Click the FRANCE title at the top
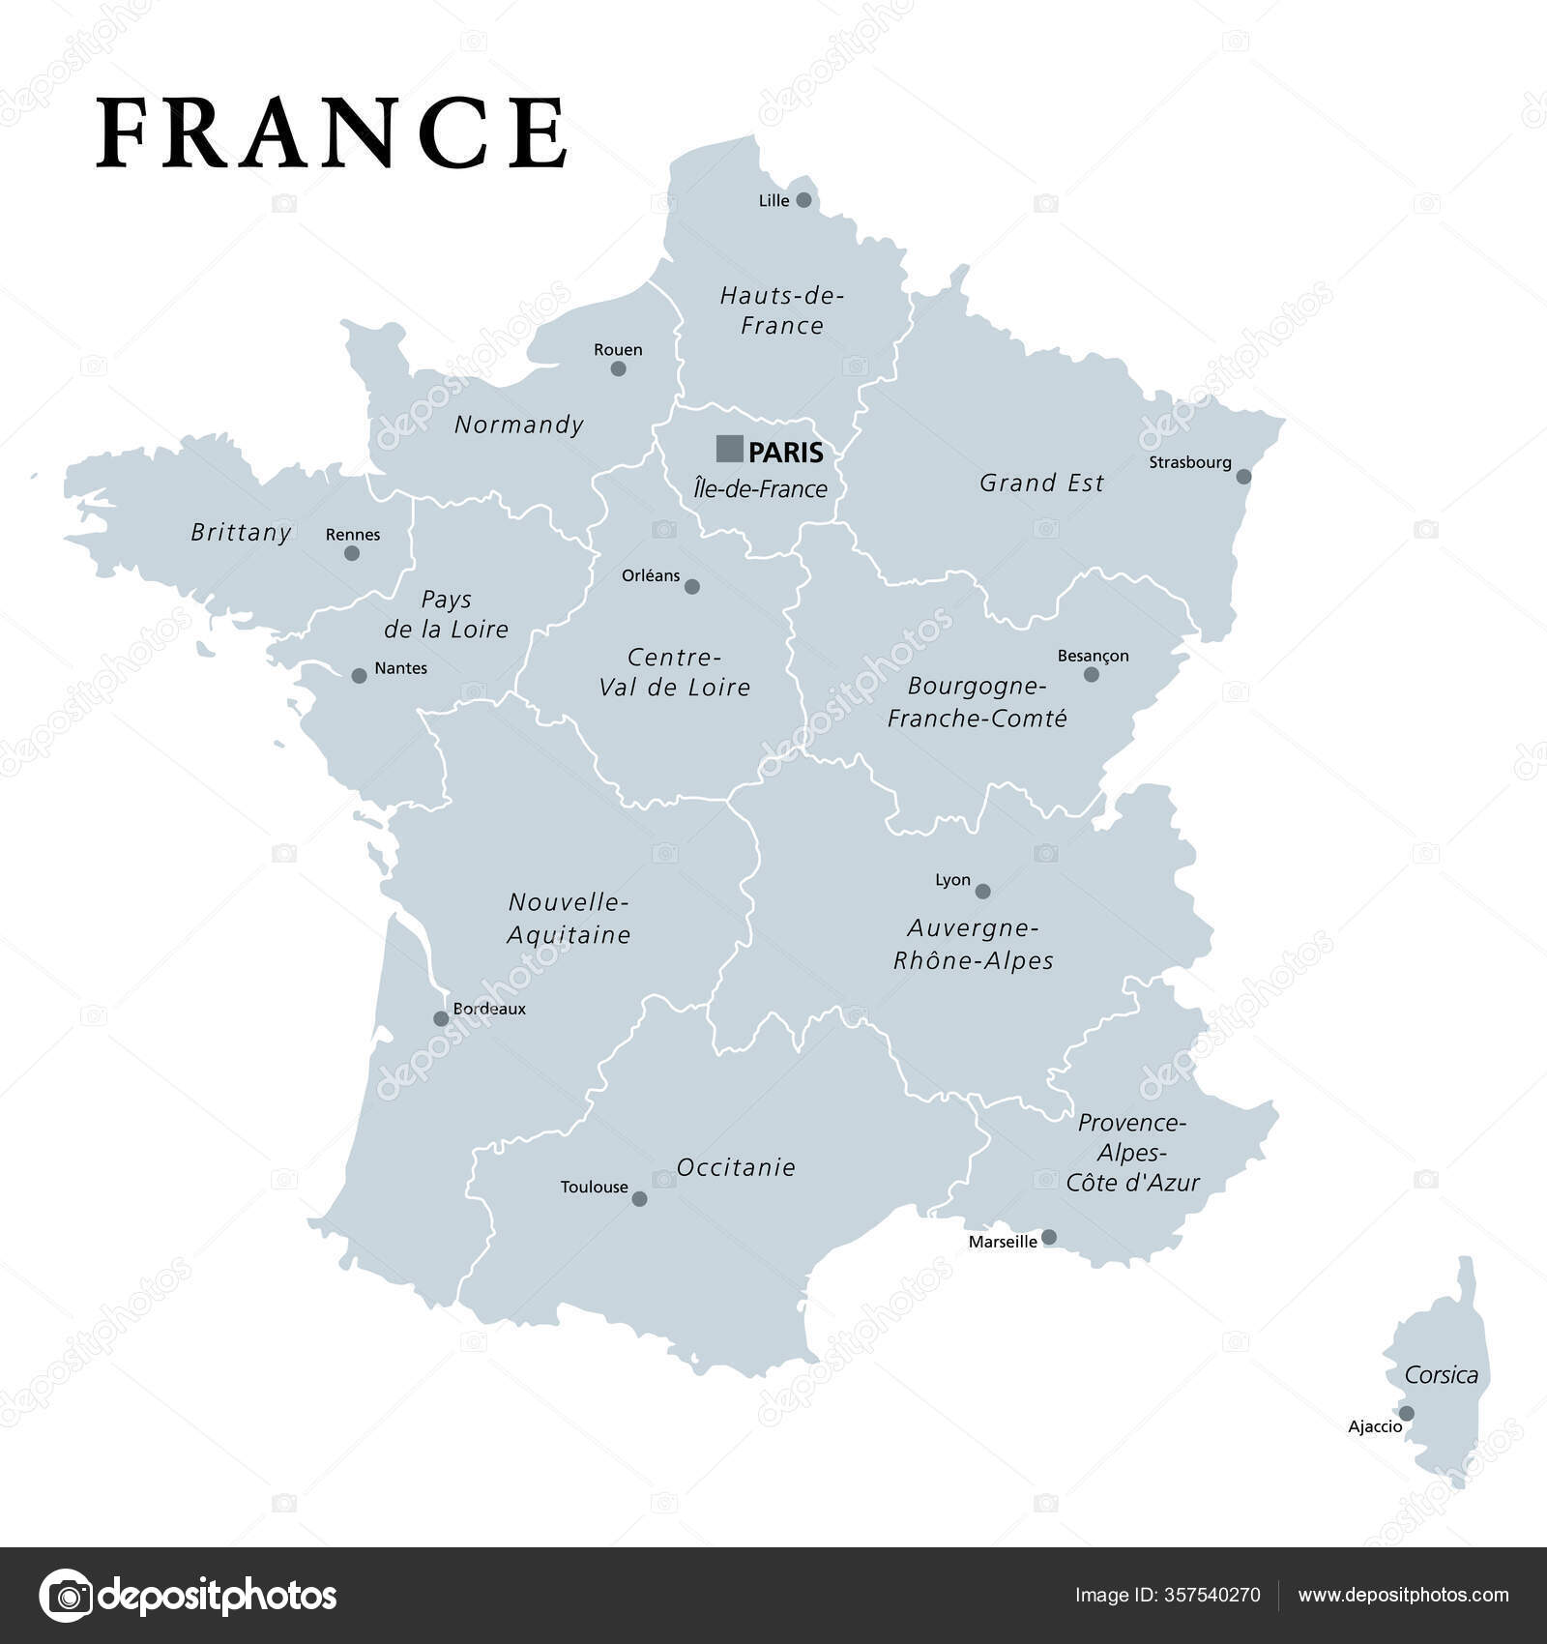[x=332, y=133]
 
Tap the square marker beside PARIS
[x=729, y=449]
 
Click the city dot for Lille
[x=803, y=200]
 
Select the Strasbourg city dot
[x=1243, y=477]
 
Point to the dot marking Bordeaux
[x=441, y=1018]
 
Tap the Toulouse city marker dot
[x=639, y=1199]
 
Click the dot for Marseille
[x=1049, y=1237]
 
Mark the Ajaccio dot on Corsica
[x=1407, y=1413]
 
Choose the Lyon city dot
[x=982, y=891]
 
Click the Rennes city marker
[x=352, y=553]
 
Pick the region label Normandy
[x=519, y=425]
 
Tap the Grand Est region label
[x=1041, y=483]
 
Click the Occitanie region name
[x=736, y=1167]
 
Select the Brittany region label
[x=241, y=532]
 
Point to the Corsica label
[x=1441, y=1375]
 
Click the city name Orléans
[x=651, y=575]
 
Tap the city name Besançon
[x=1093, y=656]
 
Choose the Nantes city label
[x=400, y=668]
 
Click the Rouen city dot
[x=619, y=368]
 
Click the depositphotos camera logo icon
[x=66, y=1596]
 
